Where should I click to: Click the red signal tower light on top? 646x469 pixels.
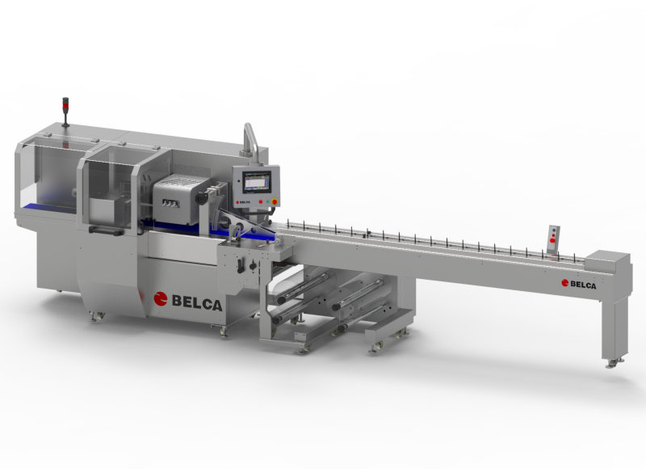coord(66,104)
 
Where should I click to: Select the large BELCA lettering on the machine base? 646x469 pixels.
coord(197,301)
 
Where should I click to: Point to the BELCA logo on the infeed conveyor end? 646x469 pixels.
coord(583,283)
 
